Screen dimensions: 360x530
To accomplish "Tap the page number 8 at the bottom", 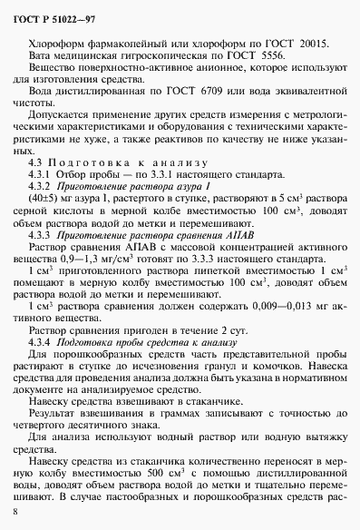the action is [x=15, y=513].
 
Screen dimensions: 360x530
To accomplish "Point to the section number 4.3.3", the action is [x=40, y=232].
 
